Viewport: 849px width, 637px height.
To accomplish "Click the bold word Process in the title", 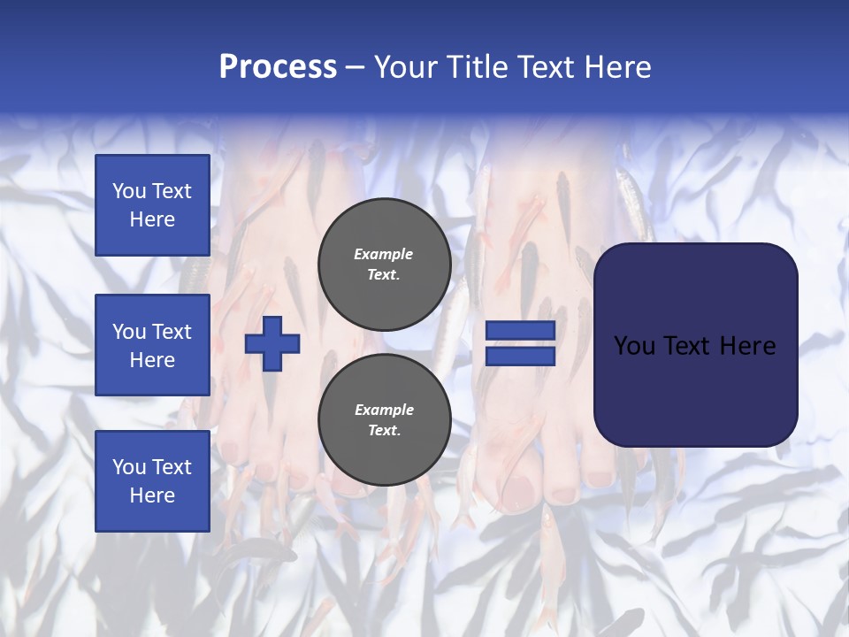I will coord(278,66).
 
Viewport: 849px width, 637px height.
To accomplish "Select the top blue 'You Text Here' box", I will coord(152,205).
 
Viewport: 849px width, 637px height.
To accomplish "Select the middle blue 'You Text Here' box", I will coord(152,345).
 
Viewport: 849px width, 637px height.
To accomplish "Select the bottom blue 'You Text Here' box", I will coord(152,481).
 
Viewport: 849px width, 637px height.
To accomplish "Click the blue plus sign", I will coord(272,343).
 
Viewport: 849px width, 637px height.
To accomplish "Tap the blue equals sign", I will coord(520,343).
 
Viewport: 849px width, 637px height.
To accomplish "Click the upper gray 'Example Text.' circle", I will coord(384,264).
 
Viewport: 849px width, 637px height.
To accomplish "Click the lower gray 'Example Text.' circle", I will coord(384,419).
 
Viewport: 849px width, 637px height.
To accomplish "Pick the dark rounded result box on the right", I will coord(695,345).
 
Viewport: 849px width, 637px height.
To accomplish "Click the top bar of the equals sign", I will coord(520,331).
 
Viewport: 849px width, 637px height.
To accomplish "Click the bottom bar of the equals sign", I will coord(520,356).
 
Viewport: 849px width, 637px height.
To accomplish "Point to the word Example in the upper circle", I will coord(384,254).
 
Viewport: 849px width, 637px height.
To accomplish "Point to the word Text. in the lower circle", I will coord(384,430).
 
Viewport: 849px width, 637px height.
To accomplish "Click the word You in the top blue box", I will coord(129,191).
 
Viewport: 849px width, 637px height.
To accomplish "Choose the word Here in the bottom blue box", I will coord(152,495).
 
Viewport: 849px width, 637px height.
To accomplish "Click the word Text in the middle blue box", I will coord(172,332).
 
